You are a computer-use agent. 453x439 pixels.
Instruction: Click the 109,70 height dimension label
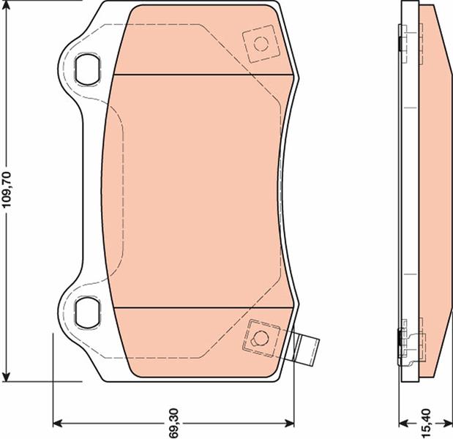[x=7, y=190]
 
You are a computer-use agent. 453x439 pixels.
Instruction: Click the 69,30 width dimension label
[x=174, y=423]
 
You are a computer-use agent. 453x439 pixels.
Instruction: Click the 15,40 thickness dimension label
[x=426, y=423]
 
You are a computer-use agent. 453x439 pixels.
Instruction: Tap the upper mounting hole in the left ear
[x=87, y=70]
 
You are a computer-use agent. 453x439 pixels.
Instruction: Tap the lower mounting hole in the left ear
[x=87, y=312]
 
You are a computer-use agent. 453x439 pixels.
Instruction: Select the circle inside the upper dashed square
[x=261, y=44]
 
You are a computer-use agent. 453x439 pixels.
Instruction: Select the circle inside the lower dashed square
[x=260, y=338]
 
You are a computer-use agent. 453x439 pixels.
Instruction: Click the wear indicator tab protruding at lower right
[x=306, y=349]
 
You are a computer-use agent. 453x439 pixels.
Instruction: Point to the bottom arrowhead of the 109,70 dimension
[x=6, y=376]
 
